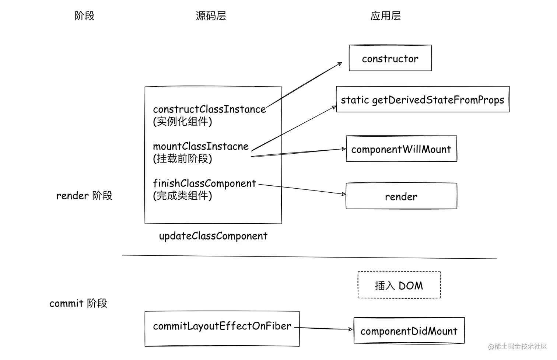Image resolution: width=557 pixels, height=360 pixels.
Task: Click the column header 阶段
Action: pyautogui.click(x=84, y=16)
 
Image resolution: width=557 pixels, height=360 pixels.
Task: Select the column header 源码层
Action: pyautogui.click(x=211, y=16)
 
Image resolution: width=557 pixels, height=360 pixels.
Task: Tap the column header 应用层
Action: pyautogui.click(x=385, y=16)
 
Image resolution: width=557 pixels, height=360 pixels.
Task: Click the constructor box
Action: pyautogui.click(x=390, y=58)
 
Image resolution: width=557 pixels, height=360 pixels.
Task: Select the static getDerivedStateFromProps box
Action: pyautogui.click(x=422, y=99)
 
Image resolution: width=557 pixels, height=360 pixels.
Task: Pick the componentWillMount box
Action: pyautogui.click(x=401, y=149)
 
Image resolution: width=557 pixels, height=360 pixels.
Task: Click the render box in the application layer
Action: pyautogui.click(x=401, y=196)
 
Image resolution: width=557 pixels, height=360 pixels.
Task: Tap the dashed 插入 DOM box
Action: pyautogui.click(x=399, y=285)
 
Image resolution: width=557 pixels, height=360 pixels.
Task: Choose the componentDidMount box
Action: pyautogui.click(x=409, y=331)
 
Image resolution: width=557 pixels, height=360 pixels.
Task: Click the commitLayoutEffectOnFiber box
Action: pyautogui.click(x=222, y=328)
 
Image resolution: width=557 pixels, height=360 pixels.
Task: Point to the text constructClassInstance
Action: pyautogui.click(x=209, y=109)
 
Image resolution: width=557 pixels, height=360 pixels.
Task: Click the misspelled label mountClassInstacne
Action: pyautogui.click(x=201, y=146)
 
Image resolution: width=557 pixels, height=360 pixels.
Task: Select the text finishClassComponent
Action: pyautogui.click(x=204, y=183)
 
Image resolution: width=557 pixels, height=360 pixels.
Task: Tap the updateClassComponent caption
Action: pyautogui.click(x=213, y=236)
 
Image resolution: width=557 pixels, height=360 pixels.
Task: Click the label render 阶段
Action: pyautogui.click(x=84, y=196)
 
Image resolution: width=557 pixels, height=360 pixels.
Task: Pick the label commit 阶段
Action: pyautogui.click(x=78, y=303)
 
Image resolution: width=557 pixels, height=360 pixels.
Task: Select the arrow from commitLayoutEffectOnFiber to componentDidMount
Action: pyautogui.click(x=324, y=328)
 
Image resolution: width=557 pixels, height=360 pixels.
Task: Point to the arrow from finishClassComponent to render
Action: pyautogui.click(x=302, y=189)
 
